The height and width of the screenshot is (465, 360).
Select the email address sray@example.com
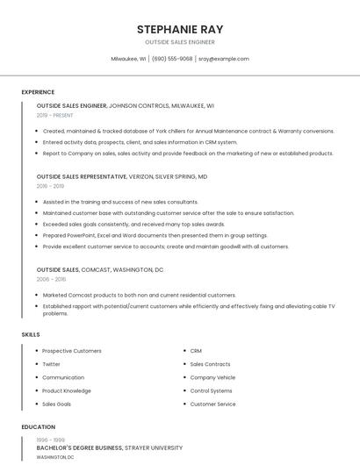pyautogui.click(x=223, y=59)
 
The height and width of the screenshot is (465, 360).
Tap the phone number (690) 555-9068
pyautogui.click(x=172, y=59)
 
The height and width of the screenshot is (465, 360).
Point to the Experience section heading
pyautogui.click(x=38, y=92)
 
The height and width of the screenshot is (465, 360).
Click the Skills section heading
pyautogui.click(x=31, y=334)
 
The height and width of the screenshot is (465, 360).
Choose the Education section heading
pyautogui.click(x=38, y=427)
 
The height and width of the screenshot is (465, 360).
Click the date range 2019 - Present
pyautogui.click(x=55, y=115)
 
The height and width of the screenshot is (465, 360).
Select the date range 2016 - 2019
pyautogui.click(x=50, y=186)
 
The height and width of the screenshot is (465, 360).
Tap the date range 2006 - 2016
pyautogui.click(x=51, y=279)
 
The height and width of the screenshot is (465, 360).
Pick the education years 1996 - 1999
pyautogui.click(x=49, y=439)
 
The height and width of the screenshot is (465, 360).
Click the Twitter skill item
pyautogui.click(x=51, y=364)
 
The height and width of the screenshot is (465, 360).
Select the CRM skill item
pyautogui.click(x=196, y=351)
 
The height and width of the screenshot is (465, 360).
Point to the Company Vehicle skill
pyautogui.click(x=212, y=377)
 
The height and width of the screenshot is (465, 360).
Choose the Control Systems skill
pyautogui.click(x=211, y=390)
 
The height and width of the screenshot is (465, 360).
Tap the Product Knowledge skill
pyautogui.click(x=66, y=390)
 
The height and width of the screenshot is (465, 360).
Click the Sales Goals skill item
pyautogui.click(x=56, y=404)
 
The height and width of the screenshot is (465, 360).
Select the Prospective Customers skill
pyautogui.click(x=71, y=351)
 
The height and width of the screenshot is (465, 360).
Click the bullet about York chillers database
pyautogui.click(x=188, y=131)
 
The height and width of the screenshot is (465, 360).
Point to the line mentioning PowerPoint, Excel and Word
pyautogui.click(x=155, y=235)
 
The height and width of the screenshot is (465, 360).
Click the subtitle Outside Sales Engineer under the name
pyautogui.click(x=180, y=42)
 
